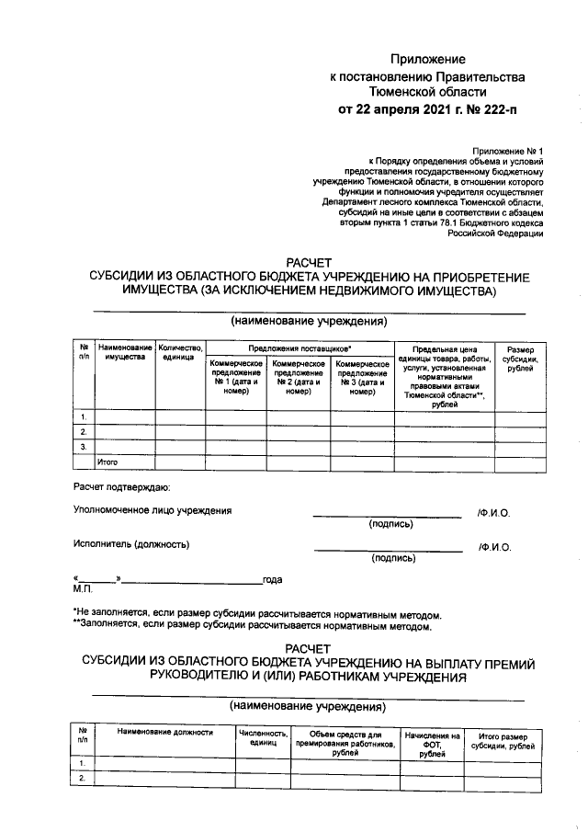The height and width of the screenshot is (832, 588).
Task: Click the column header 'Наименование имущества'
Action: pos(125,352)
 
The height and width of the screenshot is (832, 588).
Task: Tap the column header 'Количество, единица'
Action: pos(180,352)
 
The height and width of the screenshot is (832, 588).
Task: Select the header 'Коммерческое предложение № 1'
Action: pos(236,377)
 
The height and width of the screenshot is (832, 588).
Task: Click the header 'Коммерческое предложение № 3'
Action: pos(363,377)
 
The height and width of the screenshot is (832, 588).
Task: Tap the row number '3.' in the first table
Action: pos(84,446)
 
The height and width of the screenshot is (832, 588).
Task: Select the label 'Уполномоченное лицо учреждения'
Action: pos(153,510)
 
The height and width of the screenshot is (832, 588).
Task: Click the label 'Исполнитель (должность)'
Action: pos(131,544)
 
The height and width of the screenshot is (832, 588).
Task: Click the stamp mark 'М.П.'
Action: pos(82,588)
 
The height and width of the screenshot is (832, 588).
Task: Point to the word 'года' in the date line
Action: pos(272,579)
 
